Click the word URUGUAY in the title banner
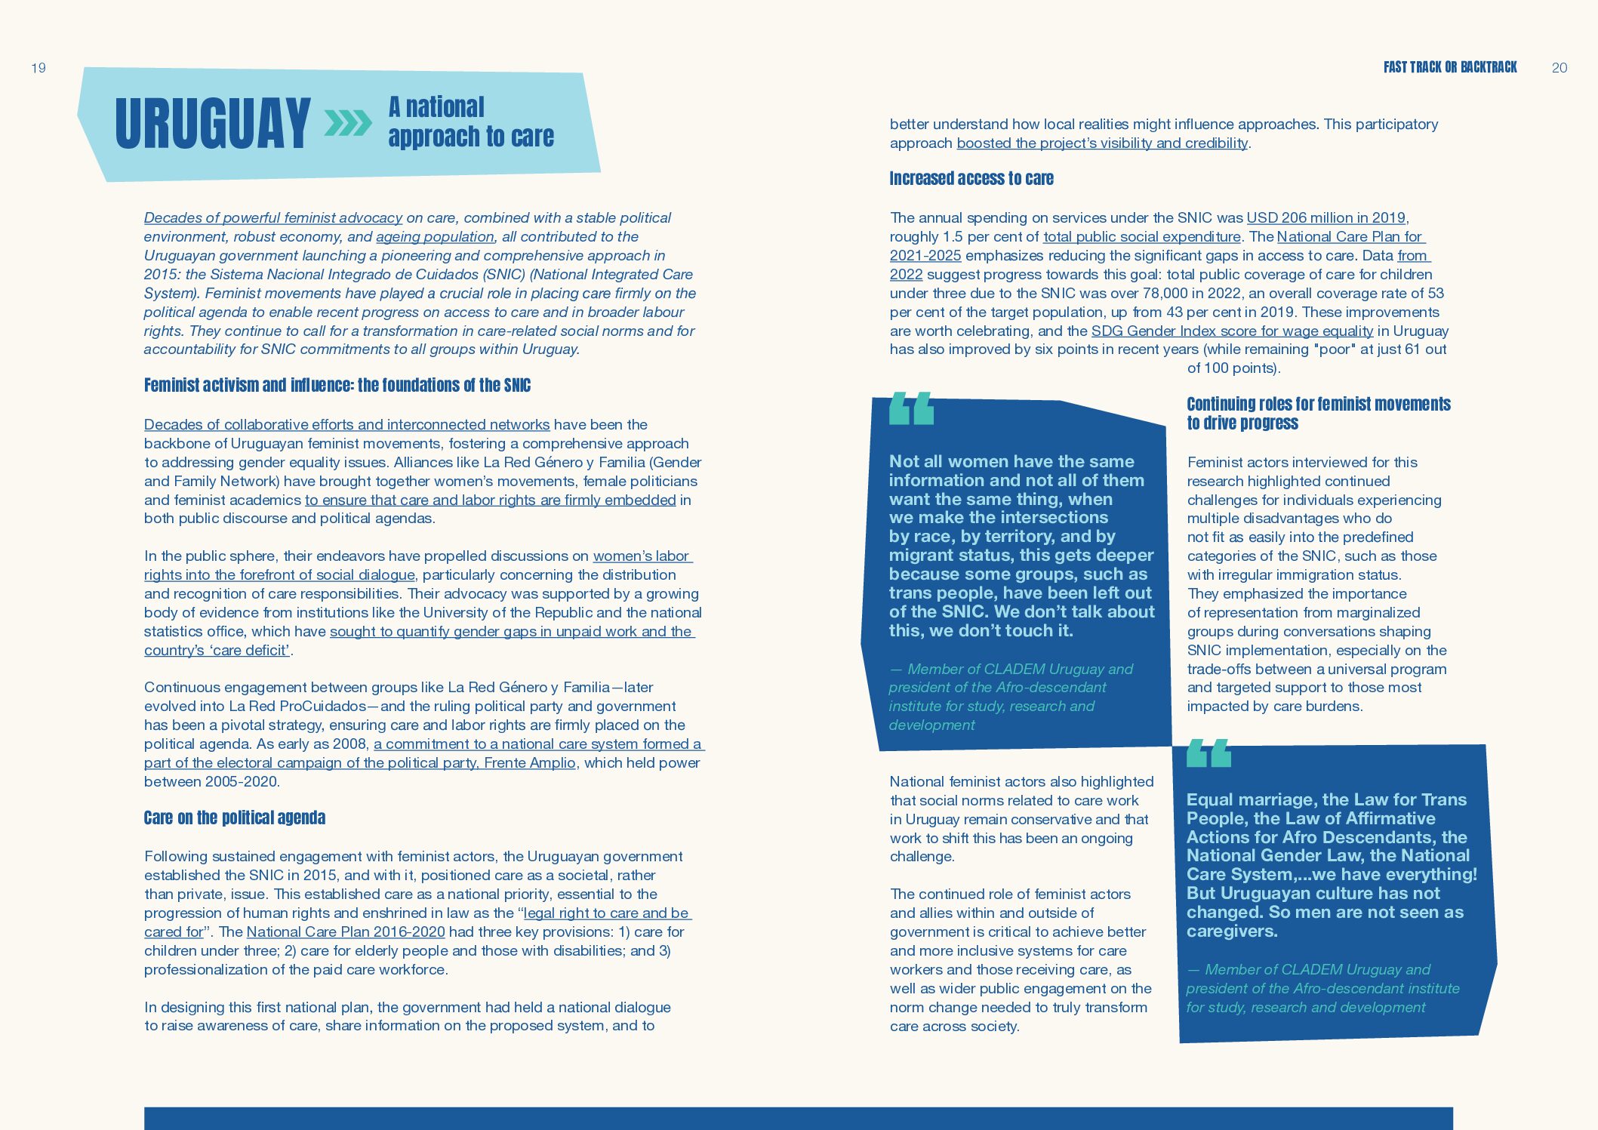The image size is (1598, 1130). click(x=212, y=123)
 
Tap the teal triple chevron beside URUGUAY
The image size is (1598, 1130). click(x=348, y=123)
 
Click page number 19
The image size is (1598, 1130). click(x=38, y=68)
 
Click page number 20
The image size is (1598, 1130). click(x=1560, y=68)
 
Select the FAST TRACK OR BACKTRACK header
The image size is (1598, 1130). click(x=1449, y=67)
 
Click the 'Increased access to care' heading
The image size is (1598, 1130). click(x=971, y=179)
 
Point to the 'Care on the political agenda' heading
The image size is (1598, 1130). click(x=234, y=818)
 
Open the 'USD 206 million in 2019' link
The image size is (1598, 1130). click(x=1326, y=218)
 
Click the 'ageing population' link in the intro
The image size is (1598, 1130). click(x=435, y=237)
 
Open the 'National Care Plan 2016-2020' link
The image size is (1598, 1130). click(x=346, y=932)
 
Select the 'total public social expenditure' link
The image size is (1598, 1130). click(x=1141, y=237)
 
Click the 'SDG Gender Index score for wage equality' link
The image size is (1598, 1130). click(x=1232, y=331)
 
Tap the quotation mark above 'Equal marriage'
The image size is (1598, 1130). click(x=1209, y=753)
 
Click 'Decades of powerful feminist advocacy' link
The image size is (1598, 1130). click(x=272, y=218)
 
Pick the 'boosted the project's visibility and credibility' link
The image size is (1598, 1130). click(x=1102, y=143)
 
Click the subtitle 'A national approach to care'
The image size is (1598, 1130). click(x=470, y=122)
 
